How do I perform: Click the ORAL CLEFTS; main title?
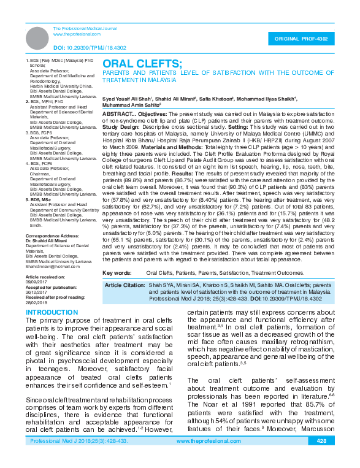tap(142, 64)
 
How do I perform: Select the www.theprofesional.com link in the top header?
tap(77, 34)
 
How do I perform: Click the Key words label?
tap(116, 272)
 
